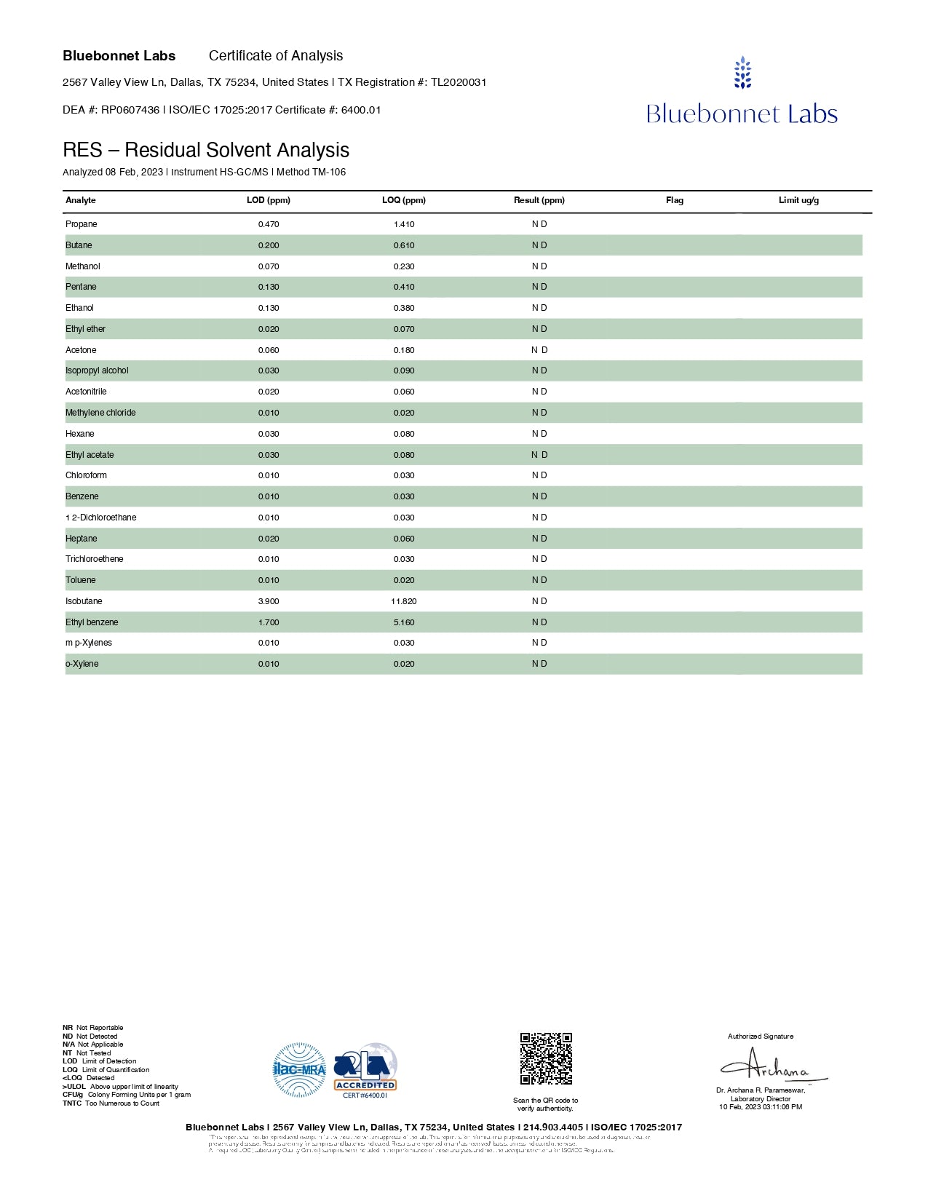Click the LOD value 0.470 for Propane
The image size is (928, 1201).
point(269,224)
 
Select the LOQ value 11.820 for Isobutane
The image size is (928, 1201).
point(403,601)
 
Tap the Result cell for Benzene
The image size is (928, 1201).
point(539,496)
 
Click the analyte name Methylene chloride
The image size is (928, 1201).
point(100,413)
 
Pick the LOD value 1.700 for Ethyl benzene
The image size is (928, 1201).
point(269,622)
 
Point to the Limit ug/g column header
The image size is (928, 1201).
point(798,200)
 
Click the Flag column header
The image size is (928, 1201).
point(675,200)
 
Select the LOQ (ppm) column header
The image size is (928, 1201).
point(404,200)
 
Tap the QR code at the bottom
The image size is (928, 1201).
point(546,1058)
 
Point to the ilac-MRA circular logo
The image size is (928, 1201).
point(299,1070)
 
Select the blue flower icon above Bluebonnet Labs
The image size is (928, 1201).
point(742,73)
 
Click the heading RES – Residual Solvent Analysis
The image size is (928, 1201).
point(206,150)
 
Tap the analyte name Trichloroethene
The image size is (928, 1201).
point(95,559)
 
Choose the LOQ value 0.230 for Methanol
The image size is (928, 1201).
point(404,266)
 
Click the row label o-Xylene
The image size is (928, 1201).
point(82,664)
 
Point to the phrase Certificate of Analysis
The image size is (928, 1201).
point(276,56)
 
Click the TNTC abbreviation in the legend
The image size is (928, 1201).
point(72,1103)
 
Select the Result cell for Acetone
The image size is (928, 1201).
point(539,350)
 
